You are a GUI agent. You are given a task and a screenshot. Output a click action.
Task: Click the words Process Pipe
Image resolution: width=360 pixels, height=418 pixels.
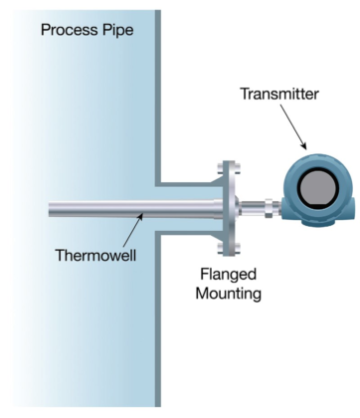[x=87, y=30]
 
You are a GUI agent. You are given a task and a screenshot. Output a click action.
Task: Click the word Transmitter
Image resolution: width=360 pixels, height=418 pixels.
[x=278, y=95]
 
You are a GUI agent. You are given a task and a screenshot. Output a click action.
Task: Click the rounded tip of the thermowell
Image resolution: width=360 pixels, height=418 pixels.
[x=51, y=208]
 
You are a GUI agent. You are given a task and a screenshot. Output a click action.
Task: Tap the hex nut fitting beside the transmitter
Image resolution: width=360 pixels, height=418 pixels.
[x=270, y=208]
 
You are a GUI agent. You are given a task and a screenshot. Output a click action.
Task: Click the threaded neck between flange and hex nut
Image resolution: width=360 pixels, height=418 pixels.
[x=253, y=208]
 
